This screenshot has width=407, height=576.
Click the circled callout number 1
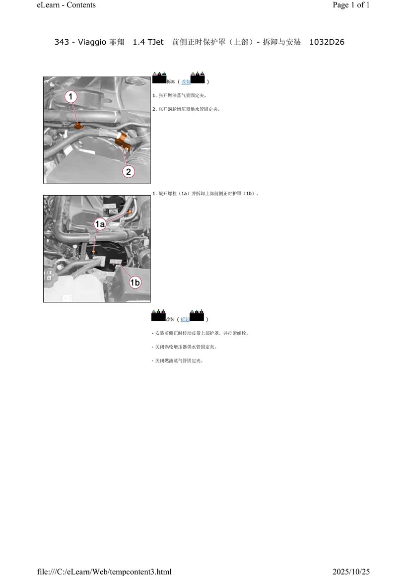click(x=70, y=97)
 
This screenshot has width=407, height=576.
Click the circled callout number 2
click(x=129, y=171)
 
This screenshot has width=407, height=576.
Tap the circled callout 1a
click(x=100, y=224)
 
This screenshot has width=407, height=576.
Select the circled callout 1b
click(x=135, y=282)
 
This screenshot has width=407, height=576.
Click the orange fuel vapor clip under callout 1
click(x=78, y=126)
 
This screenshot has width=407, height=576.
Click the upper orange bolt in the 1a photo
click(x=129, y=213)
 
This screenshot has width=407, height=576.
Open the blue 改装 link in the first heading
click(x=186, y=82)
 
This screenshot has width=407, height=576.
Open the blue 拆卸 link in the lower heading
click(x=185, y=320)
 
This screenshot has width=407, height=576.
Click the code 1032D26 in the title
click(x=327, y=42)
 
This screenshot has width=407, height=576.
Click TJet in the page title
click(x=156, y=42)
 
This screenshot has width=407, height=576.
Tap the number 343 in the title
click(x=62, y=42)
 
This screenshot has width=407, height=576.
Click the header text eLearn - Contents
click(x=66, y=5)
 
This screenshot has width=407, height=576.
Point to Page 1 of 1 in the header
click(x=351, y=5)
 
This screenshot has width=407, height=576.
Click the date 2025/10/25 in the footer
click(x=351, y=572)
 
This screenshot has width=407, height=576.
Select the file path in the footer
click(x=104, y=572)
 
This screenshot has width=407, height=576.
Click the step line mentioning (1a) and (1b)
click(x=205, y=194)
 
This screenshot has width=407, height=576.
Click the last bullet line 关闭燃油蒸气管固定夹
click(x=177, y=360)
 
